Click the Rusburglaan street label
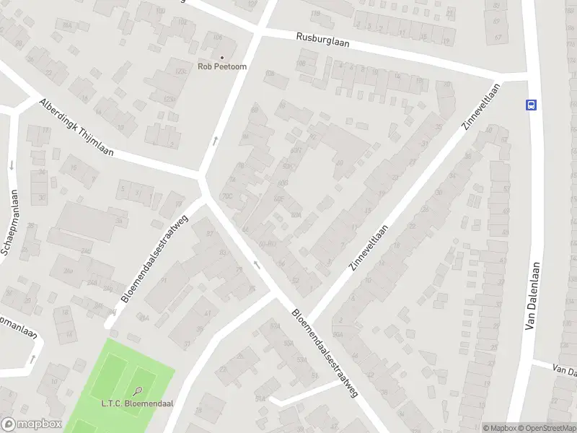(x=322, y=40)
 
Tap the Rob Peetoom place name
(x=222, y=66)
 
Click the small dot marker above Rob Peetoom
(x=222, y=57)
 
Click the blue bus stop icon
(x=532, y=104)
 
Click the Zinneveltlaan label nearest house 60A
(x=369, y=247)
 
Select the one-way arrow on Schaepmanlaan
(x=12, y=165)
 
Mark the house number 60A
(x=295, y=214)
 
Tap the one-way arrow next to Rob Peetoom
(x=215, y=140)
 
